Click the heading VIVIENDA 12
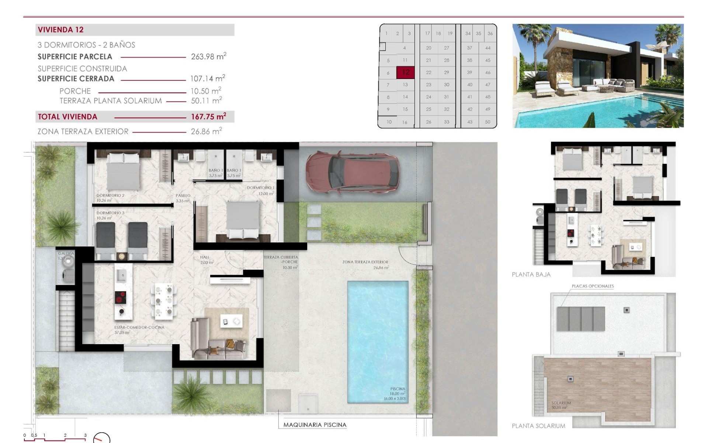[60, 30]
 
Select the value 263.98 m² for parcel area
[208, 56]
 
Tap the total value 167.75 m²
[208, 117]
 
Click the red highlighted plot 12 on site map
[405, 72]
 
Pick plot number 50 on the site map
[487, 122]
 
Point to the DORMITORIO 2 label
[110, 196]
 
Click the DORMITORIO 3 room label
[110, 213]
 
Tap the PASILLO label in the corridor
[183, 196]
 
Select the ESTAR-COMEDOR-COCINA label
[139, 327]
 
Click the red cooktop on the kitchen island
[121, 297]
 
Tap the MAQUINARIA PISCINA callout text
[315, 425]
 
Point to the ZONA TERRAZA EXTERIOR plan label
[365, 262]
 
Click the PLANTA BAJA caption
[531, 275]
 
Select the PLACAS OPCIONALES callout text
[593, 286]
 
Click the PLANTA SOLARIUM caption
[538, 426]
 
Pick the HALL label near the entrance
[205, 257]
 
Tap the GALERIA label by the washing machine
[66, 254]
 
